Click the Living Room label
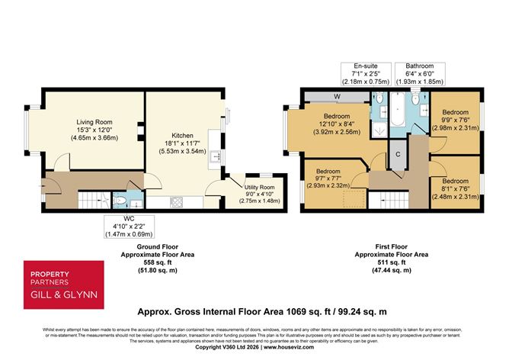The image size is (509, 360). [x=94, y=122]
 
